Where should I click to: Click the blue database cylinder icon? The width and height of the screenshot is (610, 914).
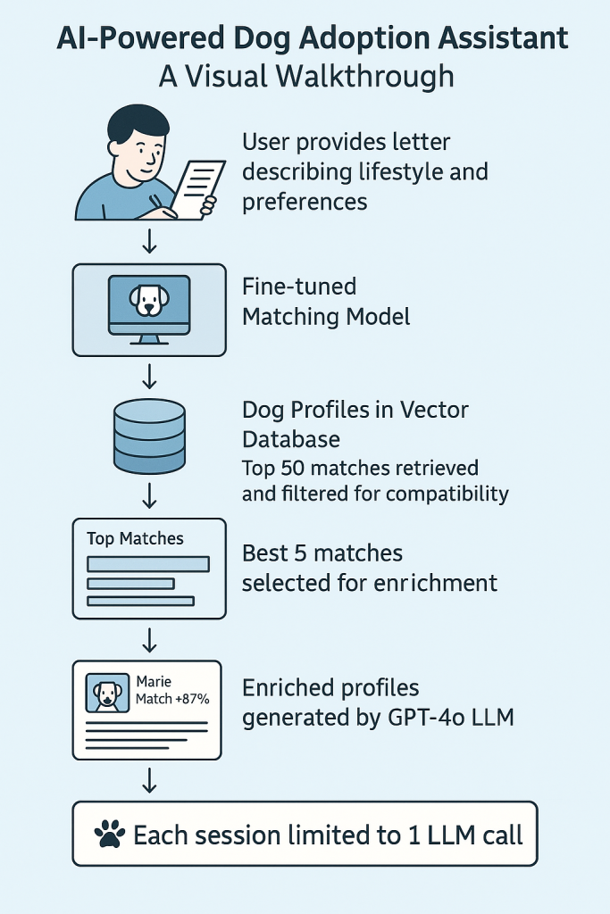pos(150,436)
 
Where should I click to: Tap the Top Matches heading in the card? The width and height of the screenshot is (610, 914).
pos(135,538)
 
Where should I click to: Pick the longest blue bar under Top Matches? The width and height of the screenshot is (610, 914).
pos(147,564)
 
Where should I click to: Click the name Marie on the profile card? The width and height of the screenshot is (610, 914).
pos(154,681)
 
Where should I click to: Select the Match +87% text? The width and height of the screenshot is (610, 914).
pos(172,698)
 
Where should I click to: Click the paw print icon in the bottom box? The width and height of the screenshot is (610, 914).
pos(110,835)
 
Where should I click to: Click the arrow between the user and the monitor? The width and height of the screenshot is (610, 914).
pos(150,240)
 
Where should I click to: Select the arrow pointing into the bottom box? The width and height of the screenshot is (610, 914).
pos(150,781)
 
